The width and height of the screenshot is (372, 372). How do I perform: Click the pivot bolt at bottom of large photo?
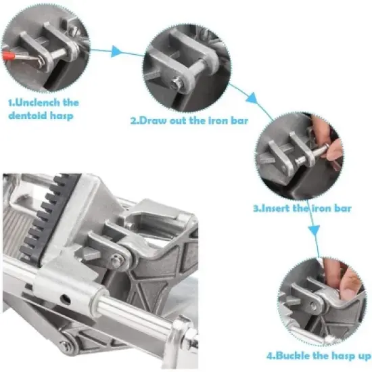(x=65, y=347)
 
